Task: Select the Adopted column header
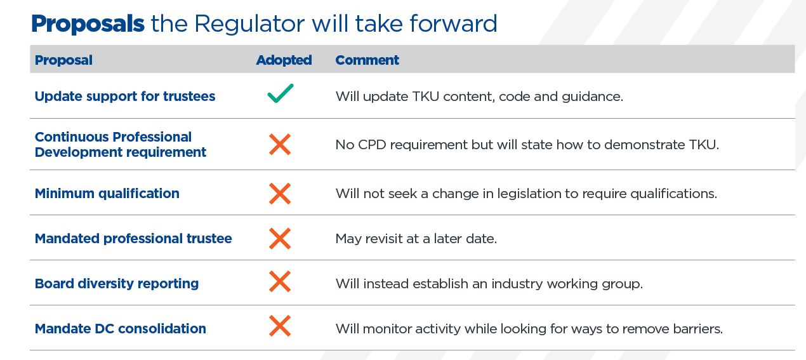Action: (284, 60)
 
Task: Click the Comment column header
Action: (367, 60)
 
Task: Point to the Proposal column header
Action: (63, 60)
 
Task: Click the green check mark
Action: (281, 93)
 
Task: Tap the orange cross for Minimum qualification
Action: (280, 194)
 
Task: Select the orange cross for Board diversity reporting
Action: (280, 281)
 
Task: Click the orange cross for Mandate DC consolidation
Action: (280, 326)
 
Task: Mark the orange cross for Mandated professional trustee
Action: (280, 238)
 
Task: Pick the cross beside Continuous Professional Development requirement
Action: (280, 145)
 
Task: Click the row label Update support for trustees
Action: (125, 97)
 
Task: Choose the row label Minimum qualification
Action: (107, 194)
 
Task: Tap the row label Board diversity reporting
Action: (117, 284)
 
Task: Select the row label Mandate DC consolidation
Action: (120, 329)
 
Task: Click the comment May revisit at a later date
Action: (416, 239)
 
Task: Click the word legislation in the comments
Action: (529, 194)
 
